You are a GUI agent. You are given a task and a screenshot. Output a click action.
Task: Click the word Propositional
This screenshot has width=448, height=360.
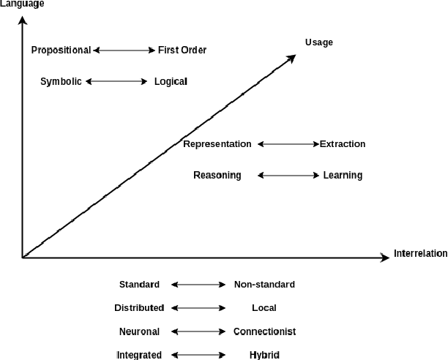(61, 50)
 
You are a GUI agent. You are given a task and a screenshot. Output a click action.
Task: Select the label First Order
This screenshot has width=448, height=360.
(182, 50)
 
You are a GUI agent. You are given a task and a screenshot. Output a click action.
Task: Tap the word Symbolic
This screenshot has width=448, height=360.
(61, 82)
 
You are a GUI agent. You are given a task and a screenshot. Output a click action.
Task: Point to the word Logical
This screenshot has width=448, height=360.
(171, 82)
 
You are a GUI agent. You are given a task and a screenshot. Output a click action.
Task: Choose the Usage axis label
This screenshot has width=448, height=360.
(319, 42)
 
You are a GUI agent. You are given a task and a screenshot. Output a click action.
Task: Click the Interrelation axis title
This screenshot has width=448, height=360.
(420, 254)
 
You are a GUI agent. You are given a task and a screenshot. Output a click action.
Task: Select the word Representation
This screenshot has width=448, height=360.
(217, 144)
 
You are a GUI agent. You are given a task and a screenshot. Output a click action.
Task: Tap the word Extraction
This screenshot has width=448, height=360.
(343, 144)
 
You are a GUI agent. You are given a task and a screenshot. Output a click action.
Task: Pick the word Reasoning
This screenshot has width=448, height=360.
(217, 176)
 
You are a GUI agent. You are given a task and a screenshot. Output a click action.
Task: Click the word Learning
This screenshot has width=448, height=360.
(343, 176)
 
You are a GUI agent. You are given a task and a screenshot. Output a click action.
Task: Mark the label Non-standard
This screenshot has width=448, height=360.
(264, 285)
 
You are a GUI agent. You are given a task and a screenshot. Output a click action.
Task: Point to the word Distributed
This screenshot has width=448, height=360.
(139, 308)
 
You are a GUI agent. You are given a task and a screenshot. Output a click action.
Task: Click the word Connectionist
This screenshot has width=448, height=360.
(264, 331)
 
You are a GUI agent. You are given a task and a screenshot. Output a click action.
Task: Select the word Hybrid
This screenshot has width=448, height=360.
(264, 355)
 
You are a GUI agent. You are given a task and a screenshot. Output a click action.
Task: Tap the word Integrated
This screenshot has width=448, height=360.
(139, 355)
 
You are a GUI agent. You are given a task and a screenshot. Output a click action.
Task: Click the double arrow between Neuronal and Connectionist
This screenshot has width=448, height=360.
(198, 331)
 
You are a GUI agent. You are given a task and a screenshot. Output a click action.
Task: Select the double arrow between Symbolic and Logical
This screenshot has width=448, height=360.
(116, 82)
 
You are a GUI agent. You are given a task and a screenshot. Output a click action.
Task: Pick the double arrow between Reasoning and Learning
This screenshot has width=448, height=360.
(288, 176)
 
